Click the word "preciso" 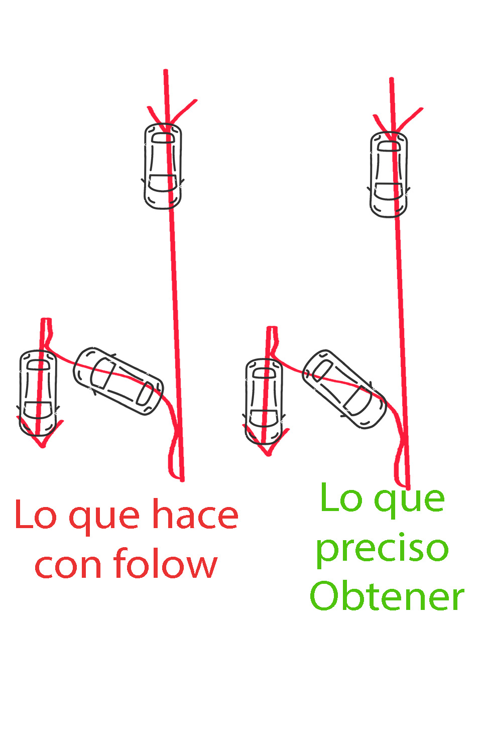(383, 551)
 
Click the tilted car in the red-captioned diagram (118, 381)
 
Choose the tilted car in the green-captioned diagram (344, 389)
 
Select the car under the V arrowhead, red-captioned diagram (163, 166)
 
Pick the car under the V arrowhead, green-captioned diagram (389, 175)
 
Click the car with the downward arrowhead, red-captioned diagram (38, 393)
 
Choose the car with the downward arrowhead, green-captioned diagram (264, 402)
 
